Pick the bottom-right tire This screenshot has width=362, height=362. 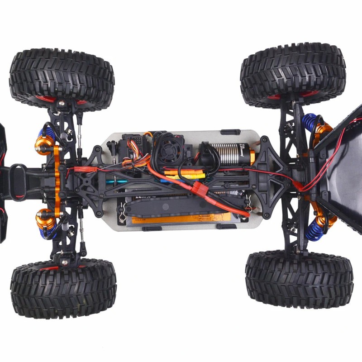point(299,280)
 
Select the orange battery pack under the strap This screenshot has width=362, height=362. point(181,219)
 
